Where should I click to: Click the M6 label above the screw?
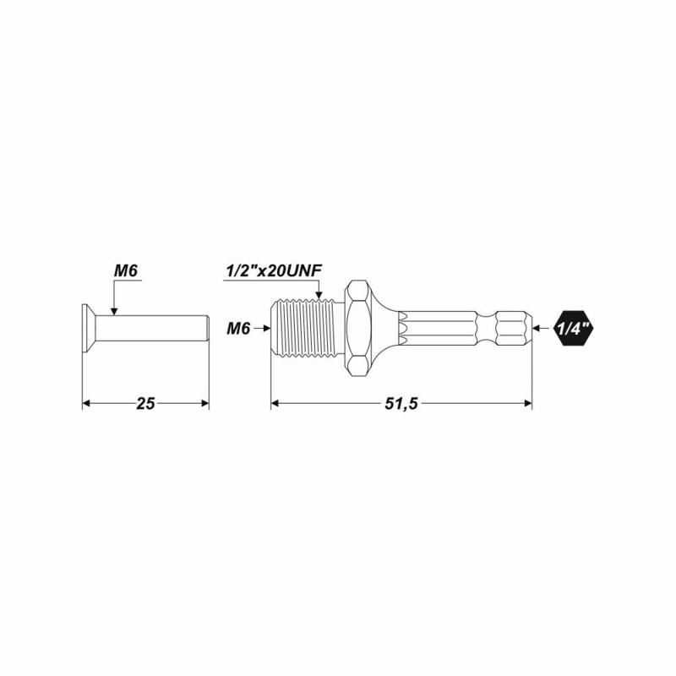(125, 271)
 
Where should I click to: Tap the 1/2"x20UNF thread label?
(274, 271)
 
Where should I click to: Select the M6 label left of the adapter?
(238, 329)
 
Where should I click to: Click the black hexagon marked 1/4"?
(574, 329)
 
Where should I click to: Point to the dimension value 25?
(145, 404)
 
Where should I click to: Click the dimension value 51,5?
(401, 404)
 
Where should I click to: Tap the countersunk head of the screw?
(89, 329)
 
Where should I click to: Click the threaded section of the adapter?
(308, 329)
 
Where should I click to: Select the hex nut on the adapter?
(358, 329)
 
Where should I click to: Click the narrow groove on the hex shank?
(487, 329)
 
